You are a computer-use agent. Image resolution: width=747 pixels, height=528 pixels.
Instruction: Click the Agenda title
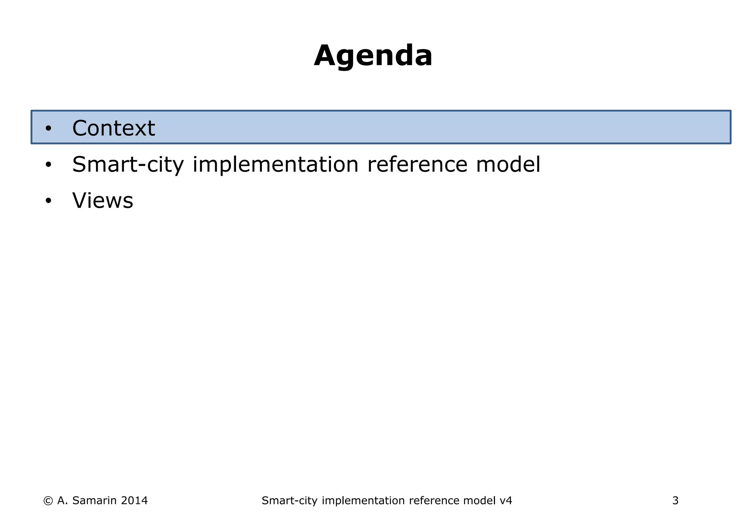point(373,56)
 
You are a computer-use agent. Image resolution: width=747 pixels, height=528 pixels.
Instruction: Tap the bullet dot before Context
point(49,129)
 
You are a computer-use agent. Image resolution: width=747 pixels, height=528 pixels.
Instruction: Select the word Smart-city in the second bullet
point(128,164)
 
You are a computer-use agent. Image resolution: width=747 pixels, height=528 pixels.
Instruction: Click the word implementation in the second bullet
point(275,164)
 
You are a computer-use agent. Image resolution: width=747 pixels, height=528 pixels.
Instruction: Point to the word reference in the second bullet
point(417,164)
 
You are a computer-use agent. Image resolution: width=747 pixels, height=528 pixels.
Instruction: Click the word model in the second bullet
point(508,164)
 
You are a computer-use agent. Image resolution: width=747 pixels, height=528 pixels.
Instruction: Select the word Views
point(102,201)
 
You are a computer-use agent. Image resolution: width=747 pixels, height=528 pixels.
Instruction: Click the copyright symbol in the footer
point(48,501)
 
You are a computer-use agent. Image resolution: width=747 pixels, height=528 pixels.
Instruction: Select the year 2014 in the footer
point(134,501)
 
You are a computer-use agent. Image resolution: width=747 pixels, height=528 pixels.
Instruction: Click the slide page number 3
point(675,501)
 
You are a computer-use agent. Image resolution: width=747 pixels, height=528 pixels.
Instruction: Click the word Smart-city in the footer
point(289,501)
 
